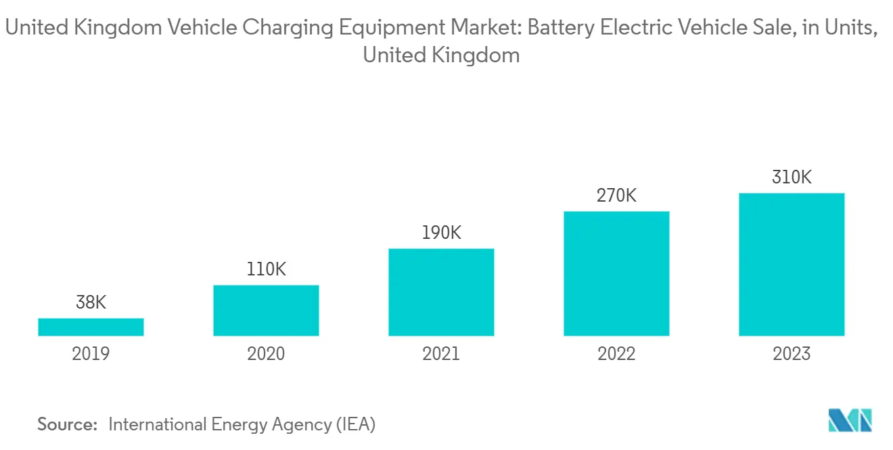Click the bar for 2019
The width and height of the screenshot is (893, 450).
coord(91,327)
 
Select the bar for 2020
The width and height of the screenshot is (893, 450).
coord(266,310)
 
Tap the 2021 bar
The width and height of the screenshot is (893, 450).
coord(441,292)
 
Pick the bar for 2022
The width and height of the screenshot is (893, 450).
coord(616,273)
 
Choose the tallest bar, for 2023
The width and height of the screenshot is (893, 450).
coord(792,265)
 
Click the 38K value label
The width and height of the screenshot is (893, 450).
coord(91,302)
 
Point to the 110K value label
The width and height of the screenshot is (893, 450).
coord(266,269)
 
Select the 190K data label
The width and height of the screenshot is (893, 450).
coord(441,233)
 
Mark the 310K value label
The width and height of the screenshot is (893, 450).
coord(792,177)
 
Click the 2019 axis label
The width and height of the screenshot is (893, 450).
coord(91,354)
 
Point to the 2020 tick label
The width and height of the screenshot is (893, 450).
coord(266,354)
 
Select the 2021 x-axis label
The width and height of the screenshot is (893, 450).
coord(441,354)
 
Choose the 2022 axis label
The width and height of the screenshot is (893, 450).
coord(616,354)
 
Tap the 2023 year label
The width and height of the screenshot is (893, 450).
coord(792,354)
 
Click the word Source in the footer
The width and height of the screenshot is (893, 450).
coord(67,425)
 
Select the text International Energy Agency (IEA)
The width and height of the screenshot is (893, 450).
coord(242,425)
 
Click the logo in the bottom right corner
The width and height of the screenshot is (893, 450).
coord(850,421)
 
